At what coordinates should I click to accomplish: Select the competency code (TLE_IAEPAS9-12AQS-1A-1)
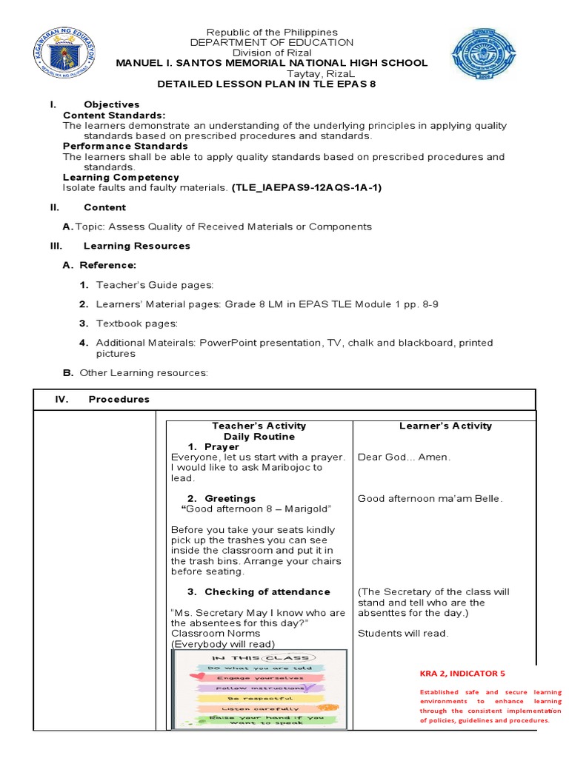tap(307, 187)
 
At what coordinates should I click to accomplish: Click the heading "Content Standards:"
tap(114, 115)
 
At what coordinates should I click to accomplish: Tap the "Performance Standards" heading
tap(125, 146)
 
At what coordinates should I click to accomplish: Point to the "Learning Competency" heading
tap(121, 177)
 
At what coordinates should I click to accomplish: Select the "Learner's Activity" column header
tap(445, 426)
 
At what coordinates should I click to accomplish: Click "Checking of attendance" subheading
tap(267, 591)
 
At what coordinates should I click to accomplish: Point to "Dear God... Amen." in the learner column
tap(404, 457)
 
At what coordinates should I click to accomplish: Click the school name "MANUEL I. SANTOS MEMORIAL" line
tap(271, 63)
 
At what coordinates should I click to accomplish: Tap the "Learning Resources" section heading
tap(136, 245)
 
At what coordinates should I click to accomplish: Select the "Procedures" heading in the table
tap(119, 399)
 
